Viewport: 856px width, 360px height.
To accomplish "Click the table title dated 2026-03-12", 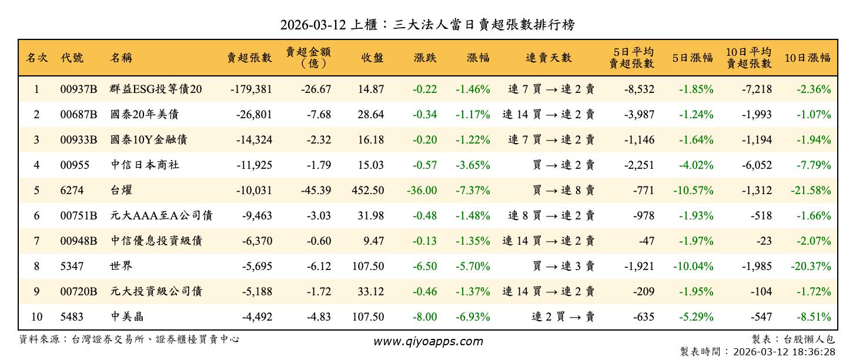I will (427, 25).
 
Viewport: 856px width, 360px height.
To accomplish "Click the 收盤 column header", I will (372, 58).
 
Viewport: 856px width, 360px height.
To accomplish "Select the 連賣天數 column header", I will (549, 58).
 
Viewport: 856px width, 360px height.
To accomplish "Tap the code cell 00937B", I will (78, 89).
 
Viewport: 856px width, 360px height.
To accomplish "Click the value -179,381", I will (251, 89).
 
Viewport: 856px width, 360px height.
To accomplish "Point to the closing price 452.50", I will (368, 191).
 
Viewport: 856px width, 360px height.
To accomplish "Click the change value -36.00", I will (422, 191).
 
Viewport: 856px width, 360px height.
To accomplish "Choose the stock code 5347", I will (72, 266).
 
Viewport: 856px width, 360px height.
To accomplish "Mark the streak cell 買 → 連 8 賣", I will (563, 191).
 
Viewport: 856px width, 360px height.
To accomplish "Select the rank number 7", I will (36, 241).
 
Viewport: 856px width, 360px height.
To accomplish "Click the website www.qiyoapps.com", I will (428, 341).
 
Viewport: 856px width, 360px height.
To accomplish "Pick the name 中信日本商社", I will (145, 165).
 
